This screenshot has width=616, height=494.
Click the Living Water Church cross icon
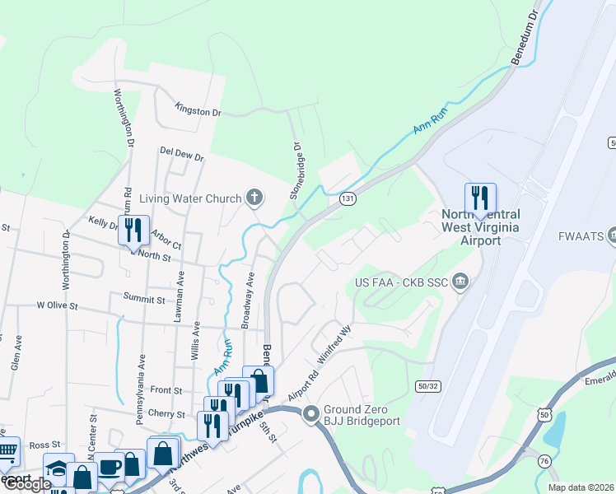(x=255, y=198)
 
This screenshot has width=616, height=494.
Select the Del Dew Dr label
(x=181, y=153)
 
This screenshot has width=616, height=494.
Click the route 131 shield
(x=348, y=198)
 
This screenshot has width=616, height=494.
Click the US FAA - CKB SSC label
(x=401, y=282)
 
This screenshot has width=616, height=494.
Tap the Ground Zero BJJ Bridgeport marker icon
(x=311, y=413)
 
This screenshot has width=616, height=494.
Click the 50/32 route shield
(x=428, y=384)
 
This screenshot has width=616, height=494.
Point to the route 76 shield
(x=545, y=461)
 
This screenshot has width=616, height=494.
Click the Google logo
(x=26, y=484)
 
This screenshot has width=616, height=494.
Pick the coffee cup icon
(x=109, y=466)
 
